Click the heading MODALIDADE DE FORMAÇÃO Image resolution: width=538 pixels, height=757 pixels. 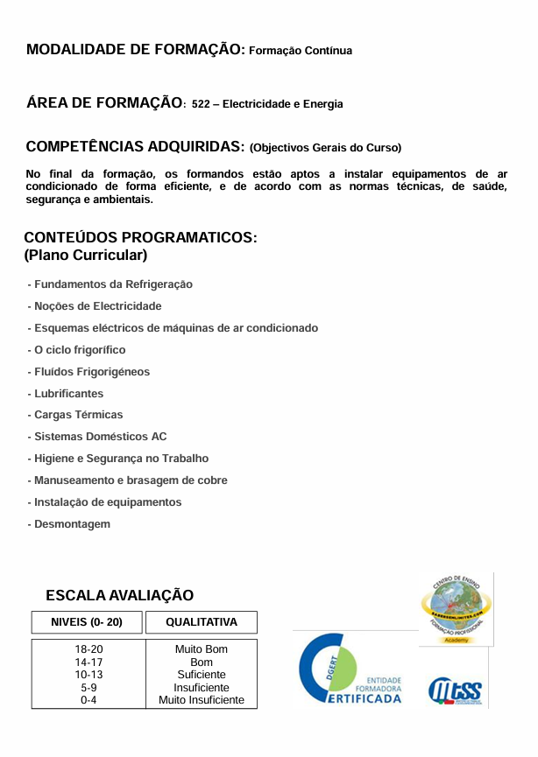pyautogui.click(x=135, y=50)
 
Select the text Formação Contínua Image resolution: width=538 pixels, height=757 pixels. pyautogui.click(x=301, y=52)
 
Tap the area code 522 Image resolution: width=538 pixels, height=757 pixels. pyautogui.click(x=200, y=104)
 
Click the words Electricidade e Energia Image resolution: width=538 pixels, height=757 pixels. pyautogui.click(x=283, y=104)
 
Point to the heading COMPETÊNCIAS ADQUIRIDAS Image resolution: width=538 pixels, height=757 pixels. pyautogui.click(x=135, y=146)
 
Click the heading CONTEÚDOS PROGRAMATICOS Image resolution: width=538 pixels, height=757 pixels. pyautogui.click(x=140, y=238)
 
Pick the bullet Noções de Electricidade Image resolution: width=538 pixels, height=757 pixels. pyautogui.click(x=97, y=306)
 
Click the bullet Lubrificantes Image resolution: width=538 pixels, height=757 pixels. pyautogui.click(x=68, y=394)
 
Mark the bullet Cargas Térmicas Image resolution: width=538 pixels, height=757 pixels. pyautogui.click(x=78, y=415)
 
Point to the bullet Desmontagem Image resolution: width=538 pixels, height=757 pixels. pyautogui.click(x=72, y=524)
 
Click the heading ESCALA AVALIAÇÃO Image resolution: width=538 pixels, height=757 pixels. pyautogui.click(x=119, y=596)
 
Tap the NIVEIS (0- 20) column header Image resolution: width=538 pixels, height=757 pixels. pyautogui.click(x=88, y=622)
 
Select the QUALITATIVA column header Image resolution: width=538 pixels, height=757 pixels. pyautogui.click(x=202, y=622)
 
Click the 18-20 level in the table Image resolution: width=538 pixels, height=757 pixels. pyautogui.click(x=88, y=649)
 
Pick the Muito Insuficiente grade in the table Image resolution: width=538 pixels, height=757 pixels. pyautogui.click(x=202, y=700)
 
